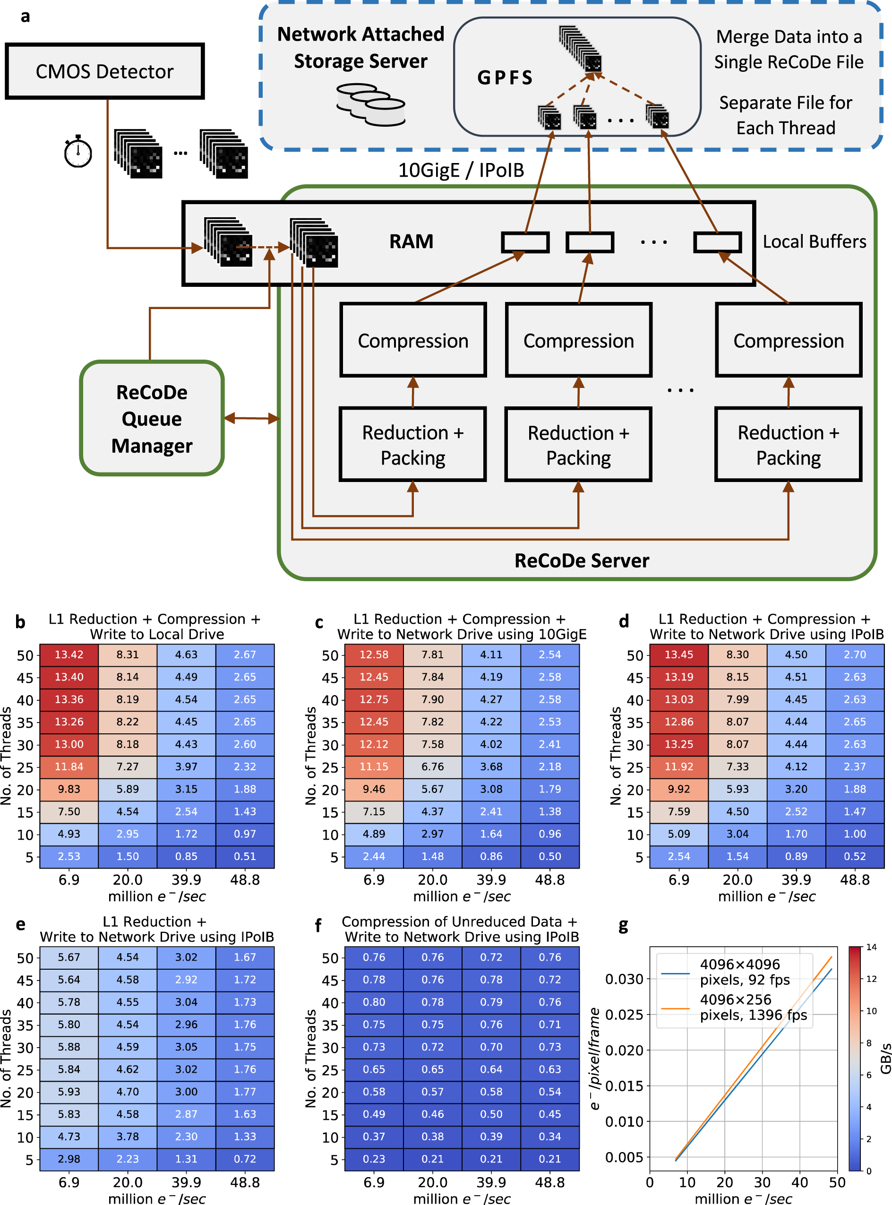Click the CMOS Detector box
coord(104,71)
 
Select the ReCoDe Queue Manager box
coord(152,419)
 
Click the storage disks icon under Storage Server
coord(370,104)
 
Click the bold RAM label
coord(411,241)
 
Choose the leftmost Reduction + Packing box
coord(412,445)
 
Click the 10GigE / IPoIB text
coord(461,170)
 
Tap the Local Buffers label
coord(814,241)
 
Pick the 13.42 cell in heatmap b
coord(69,654)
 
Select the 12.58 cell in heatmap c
coord(374,654)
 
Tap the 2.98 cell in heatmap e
coord(69,1159)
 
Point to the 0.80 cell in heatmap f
coord(374,1002)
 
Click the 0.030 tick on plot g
coord(624,979)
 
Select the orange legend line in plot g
coord(675,1008)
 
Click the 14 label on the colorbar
coord(871,947)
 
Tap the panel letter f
coord(318,925)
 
